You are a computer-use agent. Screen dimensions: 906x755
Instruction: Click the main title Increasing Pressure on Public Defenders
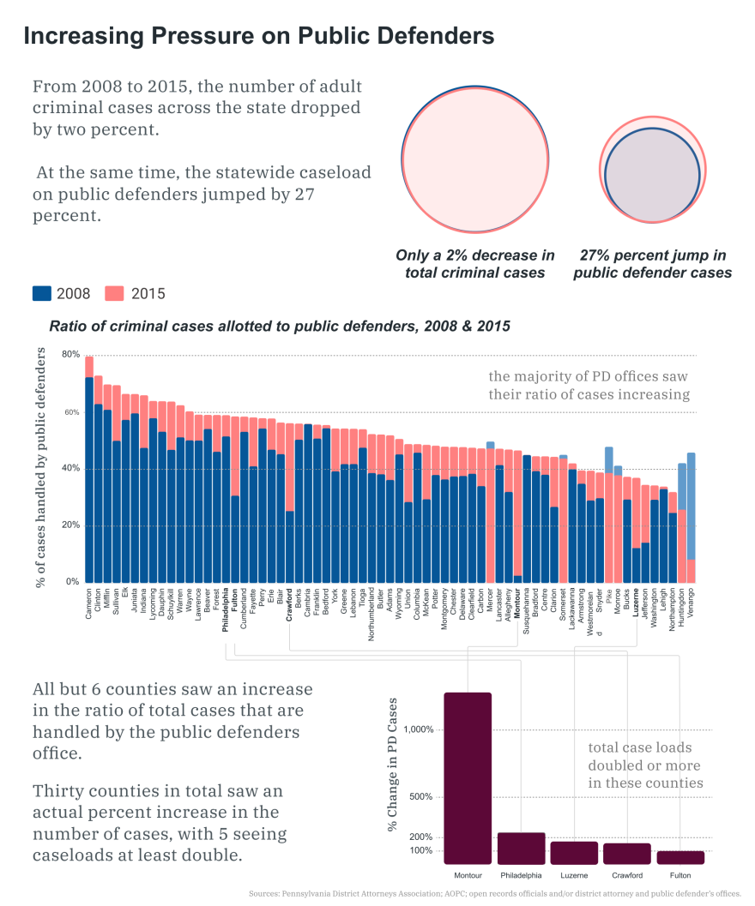click(258, 36)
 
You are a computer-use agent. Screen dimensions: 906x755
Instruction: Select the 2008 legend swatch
click(42, 293)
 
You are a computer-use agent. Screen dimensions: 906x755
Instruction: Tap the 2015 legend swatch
click(115, 293)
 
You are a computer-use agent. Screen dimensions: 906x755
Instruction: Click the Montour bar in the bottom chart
click(468, 777)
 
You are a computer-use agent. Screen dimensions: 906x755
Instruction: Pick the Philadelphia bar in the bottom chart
click(521, 848)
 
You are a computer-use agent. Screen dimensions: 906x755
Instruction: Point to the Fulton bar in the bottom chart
click(680, 857)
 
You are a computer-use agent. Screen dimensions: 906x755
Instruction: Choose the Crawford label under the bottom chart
click(627, 875)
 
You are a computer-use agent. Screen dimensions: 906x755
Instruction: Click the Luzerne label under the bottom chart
click(574, 875)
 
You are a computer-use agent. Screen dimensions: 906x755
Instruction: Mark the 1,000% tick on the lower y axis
click(420, 729)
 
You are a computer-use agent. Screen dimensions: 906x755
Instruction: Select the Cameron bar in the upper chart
click(89, 471)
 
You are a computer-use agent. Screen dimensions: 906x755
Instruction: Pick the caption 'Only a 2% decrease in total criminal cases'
click(475, 264)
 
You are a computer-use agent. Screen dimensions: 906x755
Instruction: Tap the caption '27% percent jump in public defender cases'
click(653, 264)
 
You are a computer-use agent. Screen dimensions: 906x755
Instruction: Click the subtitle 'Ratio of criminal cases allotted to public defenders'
click(279, 326)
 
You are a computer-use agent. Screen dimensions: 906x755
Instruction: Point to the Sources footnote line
click(495, 893)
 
